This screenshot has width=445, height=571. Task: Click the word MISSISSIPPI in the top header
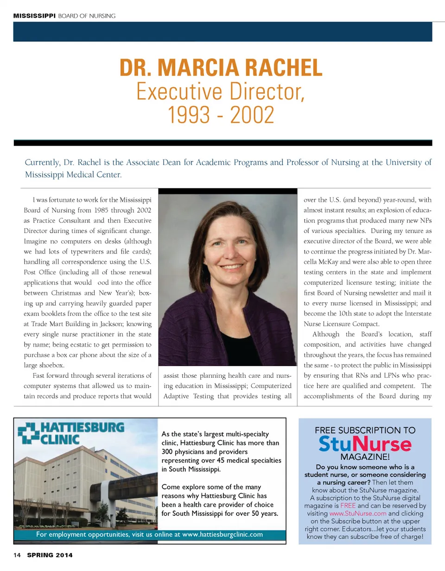[34, 16]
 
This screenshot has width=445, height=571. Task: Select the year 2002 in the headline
[251, 116]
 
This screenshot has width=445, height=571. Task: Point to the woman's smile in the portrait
[230, 267]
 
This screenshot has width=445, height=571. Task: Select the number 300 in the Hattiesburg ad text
[168, 451]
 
